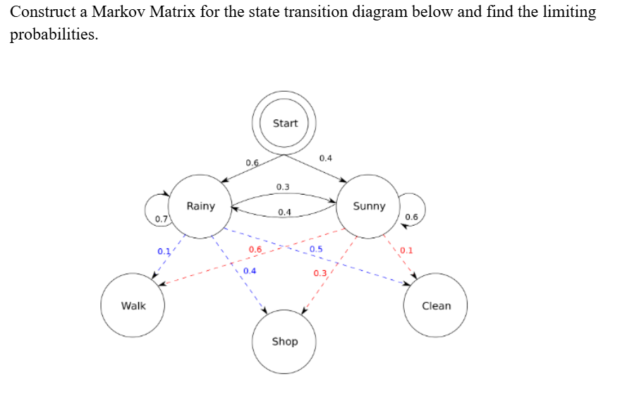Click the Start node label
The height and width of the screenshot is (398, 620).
point(285,123)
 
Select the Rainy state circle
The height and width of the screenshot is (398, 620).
point(201,206)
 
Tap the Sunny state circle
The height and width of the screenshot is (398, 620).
point(369,206)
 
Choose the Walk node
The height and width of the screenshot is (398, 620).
point(133,306)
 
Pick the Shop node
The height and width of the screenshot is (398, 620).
point(285,342)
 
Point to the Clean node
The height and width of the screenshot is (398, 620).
point(436,306)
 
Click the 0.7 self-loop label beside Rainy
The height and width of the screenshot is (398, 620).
point(162,219)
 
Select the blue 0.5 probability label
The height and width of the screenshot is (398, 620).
point(316,249)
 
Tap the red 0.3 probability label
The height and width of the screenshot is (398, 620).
point(320,273)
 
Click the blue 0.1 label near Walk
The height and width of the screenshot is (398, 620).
point(164,251)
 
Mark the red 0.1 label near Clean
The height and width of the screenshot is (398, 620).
point(406,251)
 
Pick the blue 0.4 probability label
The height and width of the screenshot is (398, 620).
point(250,271)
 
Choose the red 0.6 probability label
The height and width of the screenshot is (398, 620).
point(255,250)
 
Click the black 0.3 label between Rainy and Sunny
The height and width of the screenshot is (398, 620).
point(283,187)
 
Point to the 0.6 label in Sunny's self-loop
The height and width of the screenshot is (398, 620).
point(411,217)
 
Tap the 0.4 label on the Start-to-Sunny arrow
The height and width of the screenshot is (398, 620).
point(326,157)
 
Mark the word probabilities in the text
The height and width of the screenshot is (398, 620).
point(54,35)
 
